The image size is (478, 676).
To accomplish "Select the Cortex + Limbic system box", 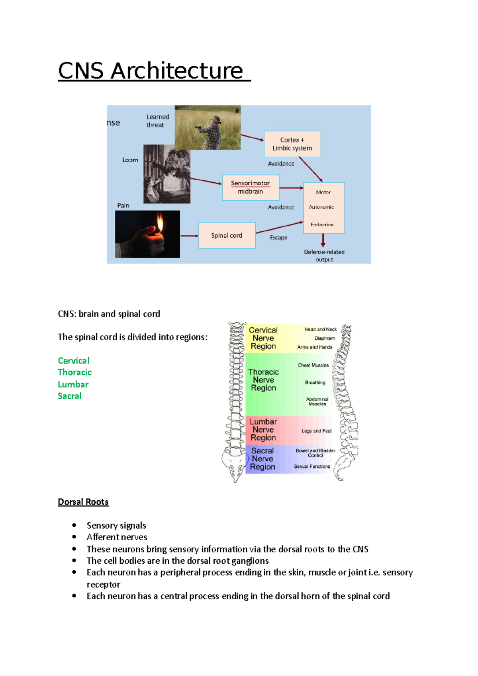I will [292, 144].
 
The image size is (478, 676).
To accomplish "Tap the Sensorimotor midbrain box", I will [251, 188].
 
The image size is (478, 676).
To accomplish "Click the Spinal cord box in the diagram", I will [227, 235].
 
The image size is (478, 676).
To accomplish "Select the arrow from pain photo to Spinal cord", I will [189, 236].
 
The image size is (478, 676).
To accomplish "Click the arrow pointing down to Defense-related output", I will [323, 240].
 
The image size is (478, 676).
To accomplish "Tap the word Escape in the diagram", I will [278, 237].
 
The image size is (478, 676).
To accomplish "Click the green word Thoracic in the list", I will [74, 372].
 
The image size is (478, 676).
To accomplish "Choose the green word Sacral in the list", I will [70, 396].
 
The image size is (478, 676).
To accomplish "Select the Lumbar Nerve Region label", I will [263, 430].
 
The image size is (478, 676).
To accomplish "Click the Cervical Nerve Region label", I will [263, 338].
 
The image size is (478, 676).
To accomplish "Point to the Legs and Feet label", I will [316, 431].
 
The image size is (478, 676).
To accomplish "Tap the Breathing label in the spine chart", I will [315, 382].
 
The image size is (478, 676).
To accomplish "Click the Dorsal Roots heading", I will [83, 502].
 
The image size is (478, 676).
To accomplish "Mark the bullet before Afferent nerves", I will [74, 537].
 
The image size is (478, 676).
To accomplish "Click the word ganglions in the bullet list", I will [251, 561].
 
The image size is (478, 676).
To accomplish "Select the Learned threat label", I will [158, 121].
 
